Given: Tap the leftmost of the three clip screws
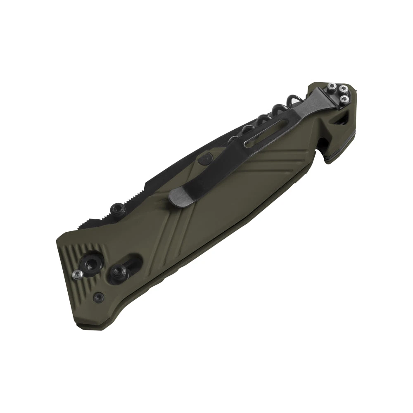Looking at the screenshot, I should coord(331,86).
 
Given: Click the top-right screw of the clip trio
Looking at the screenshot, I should coord(342,88).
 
